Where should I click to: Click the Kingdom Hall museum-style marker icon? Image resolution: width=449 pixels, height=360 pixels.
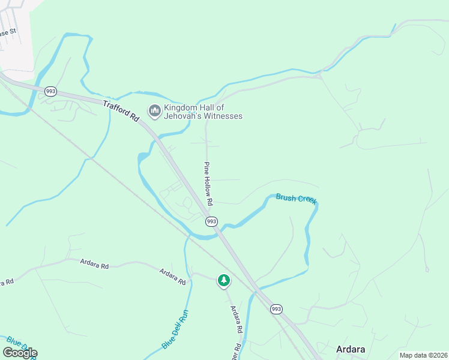tap(155, 110)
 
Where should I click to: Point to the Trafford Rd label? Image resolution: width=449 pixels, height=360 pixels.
tap(121, 112)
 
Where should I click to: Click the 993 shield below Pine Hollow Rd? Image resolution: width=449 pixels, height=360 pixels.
tap(211, 221)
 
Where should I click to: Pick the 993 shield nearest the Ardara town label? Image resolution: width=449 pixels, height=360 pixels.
tap(276, 309)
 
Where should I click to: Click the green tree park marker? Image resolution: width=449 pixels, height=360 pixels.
tap(224, 280)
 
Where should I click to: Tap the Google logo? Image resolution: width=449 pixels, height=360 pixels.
tap(20, 353)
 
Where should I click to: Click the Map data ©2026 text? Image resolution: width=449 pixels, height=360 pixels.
tap(423, 355)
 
